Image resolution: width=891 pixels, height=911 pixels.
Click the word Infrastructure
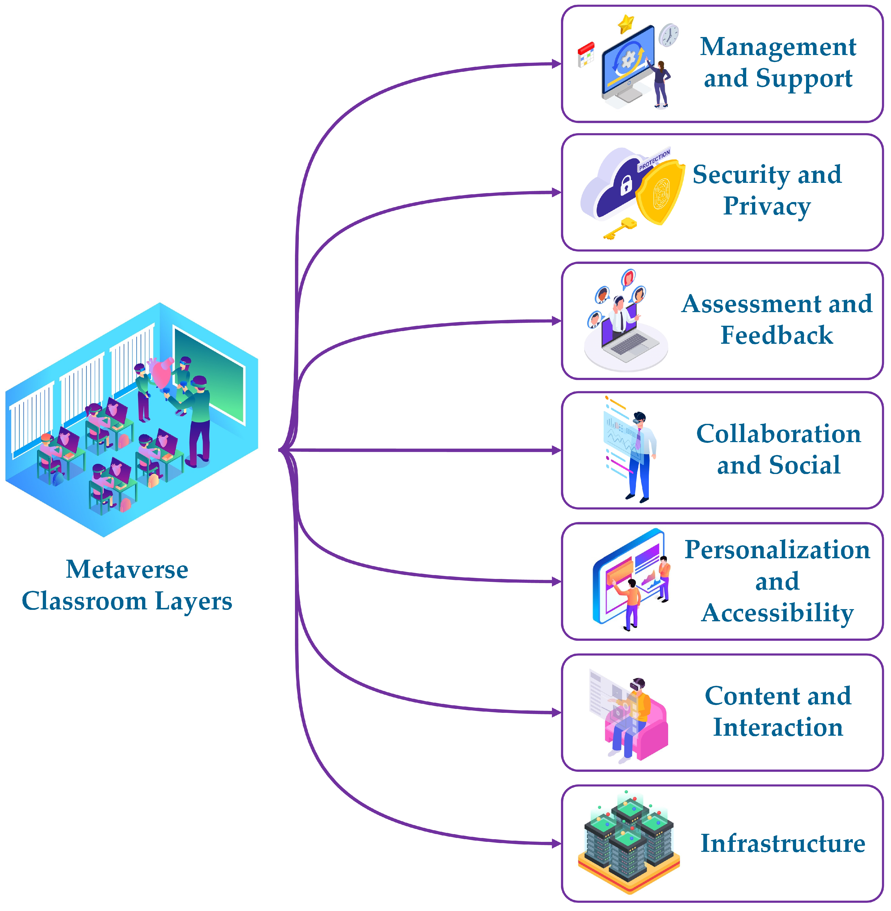(782, 844)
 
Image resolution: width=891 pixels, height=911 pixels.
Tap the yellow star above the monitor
(626, 23)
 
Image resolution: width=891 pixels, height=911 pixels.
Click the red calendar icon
(586, 54)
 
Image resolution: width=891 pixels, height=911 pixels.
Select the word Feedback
(777, 335)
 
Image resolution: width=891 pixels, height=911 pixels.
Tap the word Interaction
(778, 727)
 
